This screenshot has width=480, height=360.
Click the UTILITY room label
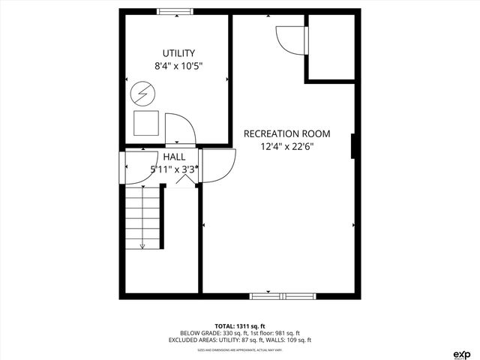point(178,53)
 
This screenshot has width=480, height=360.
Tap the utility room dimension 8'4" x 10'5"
point(178,66)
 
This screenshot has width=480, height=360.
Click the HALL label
point(174,157)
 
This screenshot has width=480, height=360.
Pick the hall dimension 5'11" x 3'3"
point(174,169)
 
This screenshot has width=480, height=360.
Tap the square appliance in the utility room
point(146,122)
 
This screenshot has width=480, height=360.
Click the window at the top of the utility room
point(175,11)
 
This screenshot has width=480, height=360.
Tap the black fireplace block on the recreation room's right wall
point(352,146)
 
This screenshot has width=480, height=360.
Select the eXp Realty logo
point(462,352)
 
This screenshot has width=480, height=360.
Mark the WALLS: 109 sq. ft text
point(289,340)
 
